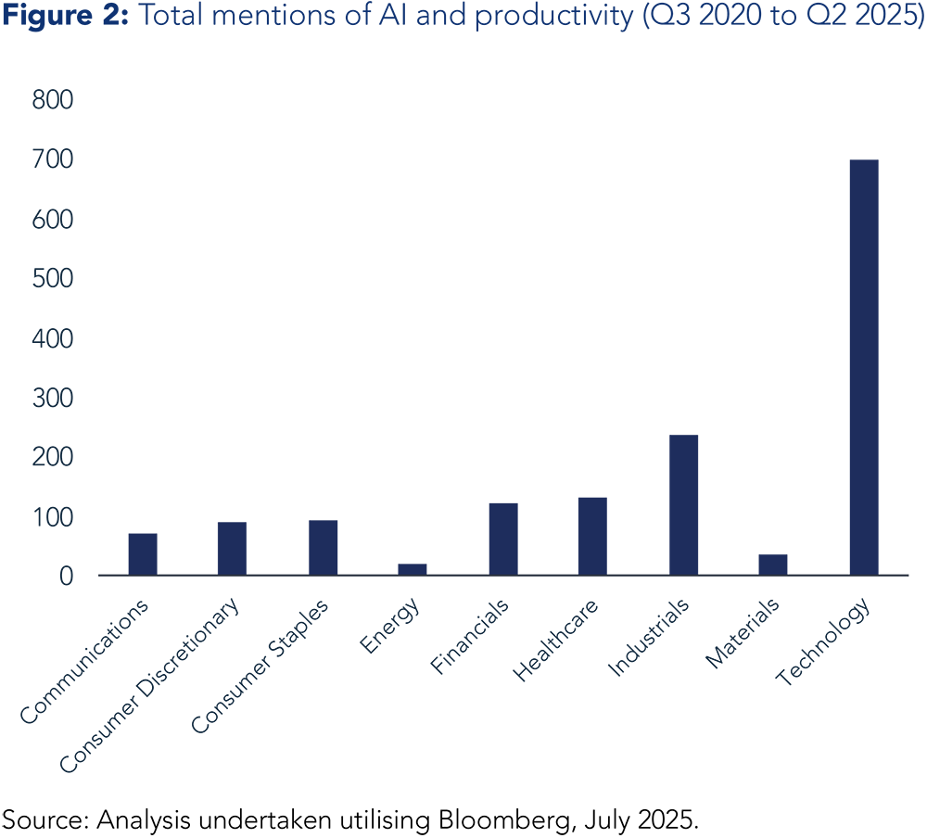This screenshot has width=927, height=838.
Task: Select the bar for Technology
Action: click(863, 367)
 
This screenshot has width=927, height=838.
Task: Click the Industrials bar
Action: click(683, 505)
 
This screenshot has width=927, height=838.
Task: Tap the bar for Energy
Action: click(413, 568)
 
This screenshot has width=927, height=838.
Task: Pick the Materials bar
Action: click(773, 565)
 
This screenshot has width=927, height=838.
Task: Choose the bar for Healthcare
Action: click(592, 536)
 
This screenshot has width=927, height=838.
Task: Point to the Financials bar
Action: click(503, 539)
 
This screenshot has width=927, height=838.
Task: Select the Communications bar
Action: click(143, 553)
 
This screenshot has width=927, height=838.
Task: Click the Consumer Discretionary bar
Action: click(232, 548)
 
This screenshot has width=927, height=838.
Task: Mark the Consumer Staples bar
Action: click(324, 547)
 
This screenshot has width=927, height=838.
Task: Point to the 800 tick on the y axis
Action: click(52, 100)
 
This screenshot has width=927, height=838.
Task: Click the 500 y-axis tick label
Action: click(52, 279)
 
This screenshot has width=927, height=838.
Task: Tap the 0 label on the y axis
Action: click(65, 577)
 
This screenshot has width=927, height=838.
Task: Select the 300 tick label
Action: click(52, 399)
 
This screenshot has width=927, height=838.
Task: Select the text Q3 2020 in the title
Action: click(695, 19)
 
